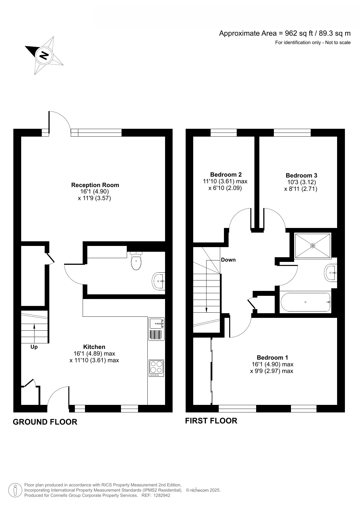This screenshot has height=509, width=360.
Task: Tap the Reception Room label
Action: pyautogui.click(x=95, y=185)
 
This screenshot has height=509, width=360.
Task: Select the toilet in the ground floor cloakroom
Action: pyautogui.click(x=136, y=261)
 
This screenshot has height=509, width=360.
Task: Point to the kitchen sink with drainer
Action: pyautogui.click(x=156, y=329)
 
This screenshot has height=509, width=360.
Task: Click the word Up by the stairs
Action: pyautogui.click(x=34, y=347)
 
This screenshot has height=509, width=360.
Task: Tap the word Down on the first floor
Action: pyautogui.click(x=228, y=260)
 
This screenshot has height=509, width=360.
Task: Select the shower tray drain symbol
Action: pyautogui.click(x=313, y=246)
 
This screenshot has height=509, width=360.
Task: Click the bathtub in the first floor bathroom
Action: pyautogui.click(x=305, y=302)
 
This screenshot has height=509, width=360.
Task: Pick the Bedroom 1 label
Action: pyautogui.click(x=272, y=358)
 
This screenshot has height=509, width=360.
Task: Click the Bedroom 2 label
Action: pyautogui.click(x=226, y=175)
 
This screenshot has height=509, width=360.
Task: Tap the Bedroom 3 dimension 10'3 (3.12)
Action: pyautogui.click(x=301, y=182)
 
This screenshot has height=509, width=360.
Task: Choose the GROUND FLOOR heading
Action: pyautogui.click(x=45, y=422)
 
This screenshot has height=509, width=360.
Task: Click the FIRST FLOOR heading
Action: pyautogui.click(x=211, y=421)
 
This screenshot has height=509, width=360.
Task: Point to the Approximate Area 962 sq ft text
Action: pyautogui.click(x=284, y=33)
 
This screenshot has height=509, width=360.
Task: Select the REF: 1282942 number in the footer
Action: pyautogui.click(x=156, y=495)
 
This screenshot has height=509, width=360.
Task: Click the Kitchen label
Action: pyautogui.click(x=94, y=347)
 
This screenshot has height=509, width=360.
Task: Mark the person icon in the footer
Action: pyautogui.click(x=15, y=490)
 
